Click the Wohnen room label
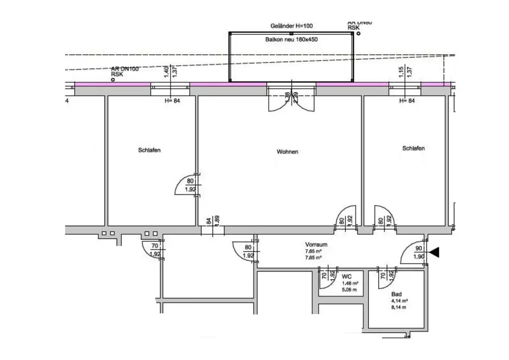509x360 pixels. tap(287, 152)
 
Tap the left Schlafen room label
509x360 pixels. tap(149, 150)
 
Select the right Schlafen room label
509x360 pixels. tap(414, 148)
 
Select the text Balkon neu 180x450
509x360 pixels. tap(291, 39)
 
